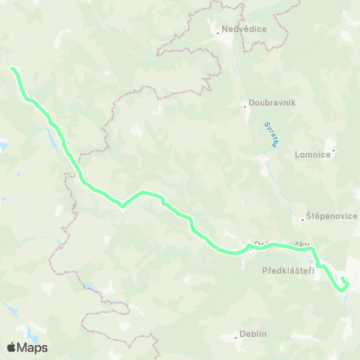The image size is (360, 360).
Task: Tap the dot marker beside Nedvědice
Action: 217,32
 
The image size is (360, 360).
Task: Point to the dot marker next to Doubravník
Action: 244,105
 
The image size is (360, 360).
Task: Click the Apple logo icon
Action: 11,347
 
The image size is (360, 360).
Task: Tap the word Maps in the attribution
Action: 32,347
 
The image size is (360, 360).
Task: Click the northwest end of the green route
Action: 13,69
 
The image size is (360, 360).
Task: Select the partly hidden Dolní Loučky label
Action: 271,244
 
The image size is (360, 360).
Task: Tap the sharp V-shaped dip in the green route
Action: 123,203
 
